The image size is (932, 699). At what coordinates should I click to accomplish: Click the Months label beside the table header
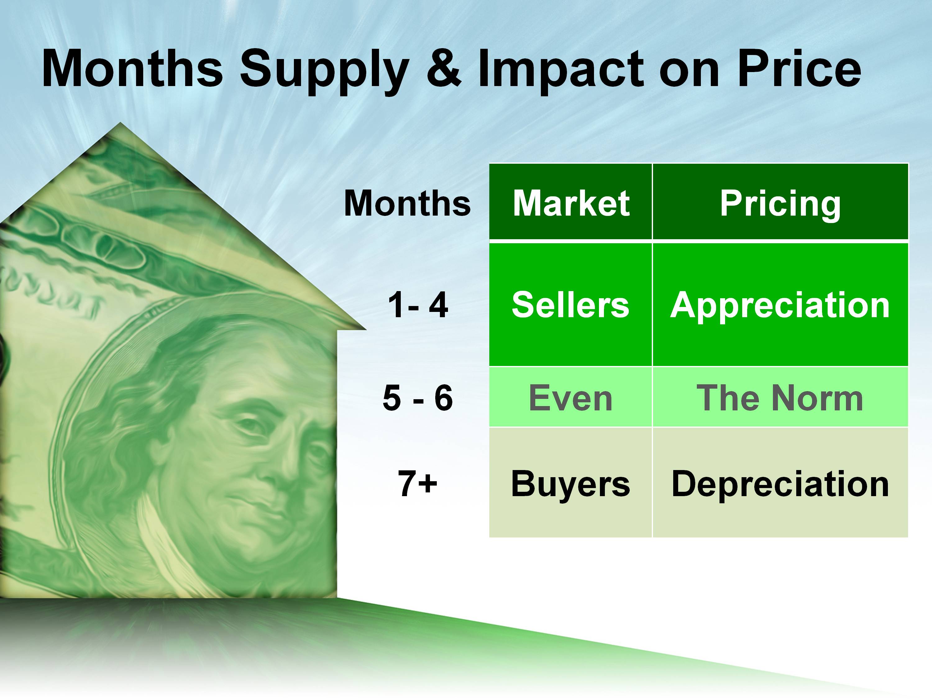point(407,203)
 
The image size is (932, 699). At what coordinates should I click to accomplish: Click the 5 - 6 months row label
point(418,398)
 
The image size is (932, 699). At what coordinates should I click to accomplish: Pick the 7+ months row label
point(417,483)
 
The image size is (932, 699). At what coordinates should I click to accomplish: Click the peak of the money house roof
point(120,123)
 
